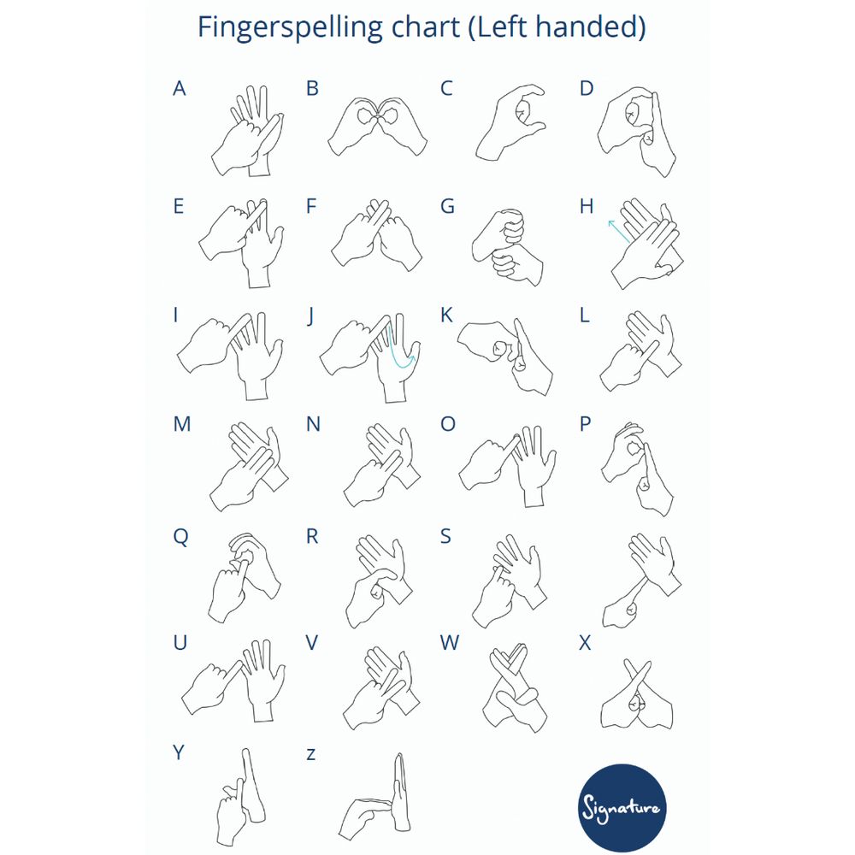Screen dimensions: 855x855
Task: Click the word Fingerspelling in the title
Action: click(291, 28)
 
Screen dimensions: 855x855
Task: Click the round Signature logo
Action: click(622, 808)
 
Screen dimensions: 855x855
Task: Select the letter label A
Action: click(180, 88)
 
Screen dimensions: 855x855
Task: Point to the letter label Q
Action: click(180, 537)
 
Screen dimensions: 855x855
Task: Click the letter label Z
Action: click(311, 754)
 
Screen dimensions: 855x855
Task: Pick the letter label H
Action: click(587, 206)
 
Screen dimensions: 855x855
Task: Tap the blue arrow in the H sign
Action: click(619, 231)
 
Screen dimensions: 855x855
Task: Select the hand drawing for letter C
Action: click(510, 122)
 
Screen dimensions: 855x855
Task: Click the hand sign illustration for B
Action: click(377, 126)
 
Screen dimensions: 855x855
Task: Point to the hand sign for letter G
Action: click(507, 246)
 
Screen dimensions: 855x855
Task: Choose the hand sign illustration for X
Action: click(637, 694)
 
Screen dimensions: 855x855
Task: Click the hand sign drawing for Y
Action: click(241, 797)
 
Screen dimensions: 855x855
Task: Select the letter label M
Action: click(182, 424)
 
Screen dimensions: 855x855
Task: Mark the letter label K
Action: click(446, 315)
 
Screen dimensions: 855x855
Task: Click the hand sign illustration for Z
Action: click(374, 797)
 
